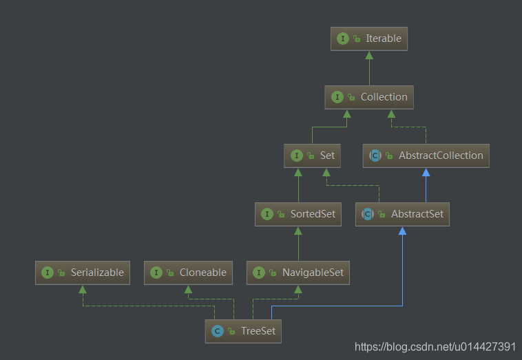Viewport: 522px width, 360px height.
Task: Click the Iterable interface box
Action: [x=369, y=39]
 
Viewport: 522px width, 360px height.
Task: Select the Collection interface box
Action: [x=369, y=97]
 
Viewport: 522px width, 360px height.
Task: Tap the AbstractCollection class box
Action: [x=426, y=156]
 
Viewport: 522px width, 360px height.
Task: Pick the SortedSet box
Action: [x=298, y=214]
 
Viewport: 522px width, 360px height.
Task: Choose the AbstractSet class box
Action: [x=402, y=214]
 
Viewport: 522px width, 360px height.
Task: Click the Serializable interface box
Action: [x=83, y=273]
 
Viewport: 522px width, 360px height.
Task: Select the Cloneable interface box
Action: [x=188, y=273]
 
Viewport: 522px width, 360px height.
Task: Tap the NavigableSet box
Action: [x=298, y=273]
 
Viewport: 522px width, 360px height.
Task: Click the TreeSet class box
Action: [x=243, y=331]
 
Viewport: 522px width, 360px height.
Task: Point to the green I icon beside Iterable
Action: [x=342, y=39]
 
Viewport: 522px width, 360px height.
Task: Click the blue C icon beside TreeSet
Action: [x=218, y=331]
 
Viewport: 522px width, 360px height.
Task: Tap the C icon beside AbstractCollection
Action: [x=375, y=156]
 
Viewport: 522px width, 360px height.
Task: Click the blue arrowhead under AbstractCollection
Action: [x=426, y=172]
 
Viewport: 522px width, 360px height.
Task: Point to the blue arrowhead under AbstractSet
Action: [x=402, y=231]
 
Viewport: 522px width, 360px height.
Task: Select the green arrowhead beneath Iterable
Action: [x=369, y=55]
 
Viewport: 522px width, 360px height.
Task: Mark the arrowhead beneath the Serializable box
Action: [x=83, y=290]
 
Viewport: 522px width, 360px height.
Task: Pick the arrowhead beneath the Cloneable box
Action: [x=188, y=290]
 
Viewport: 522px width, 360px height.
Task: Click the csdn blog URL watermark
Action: [x=435, y=347]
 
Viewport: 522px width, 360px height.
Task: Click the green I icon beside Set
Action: [x=297, y=156]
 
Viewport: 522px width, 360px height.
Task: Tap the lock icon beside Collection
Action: [x=351, y=97]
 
